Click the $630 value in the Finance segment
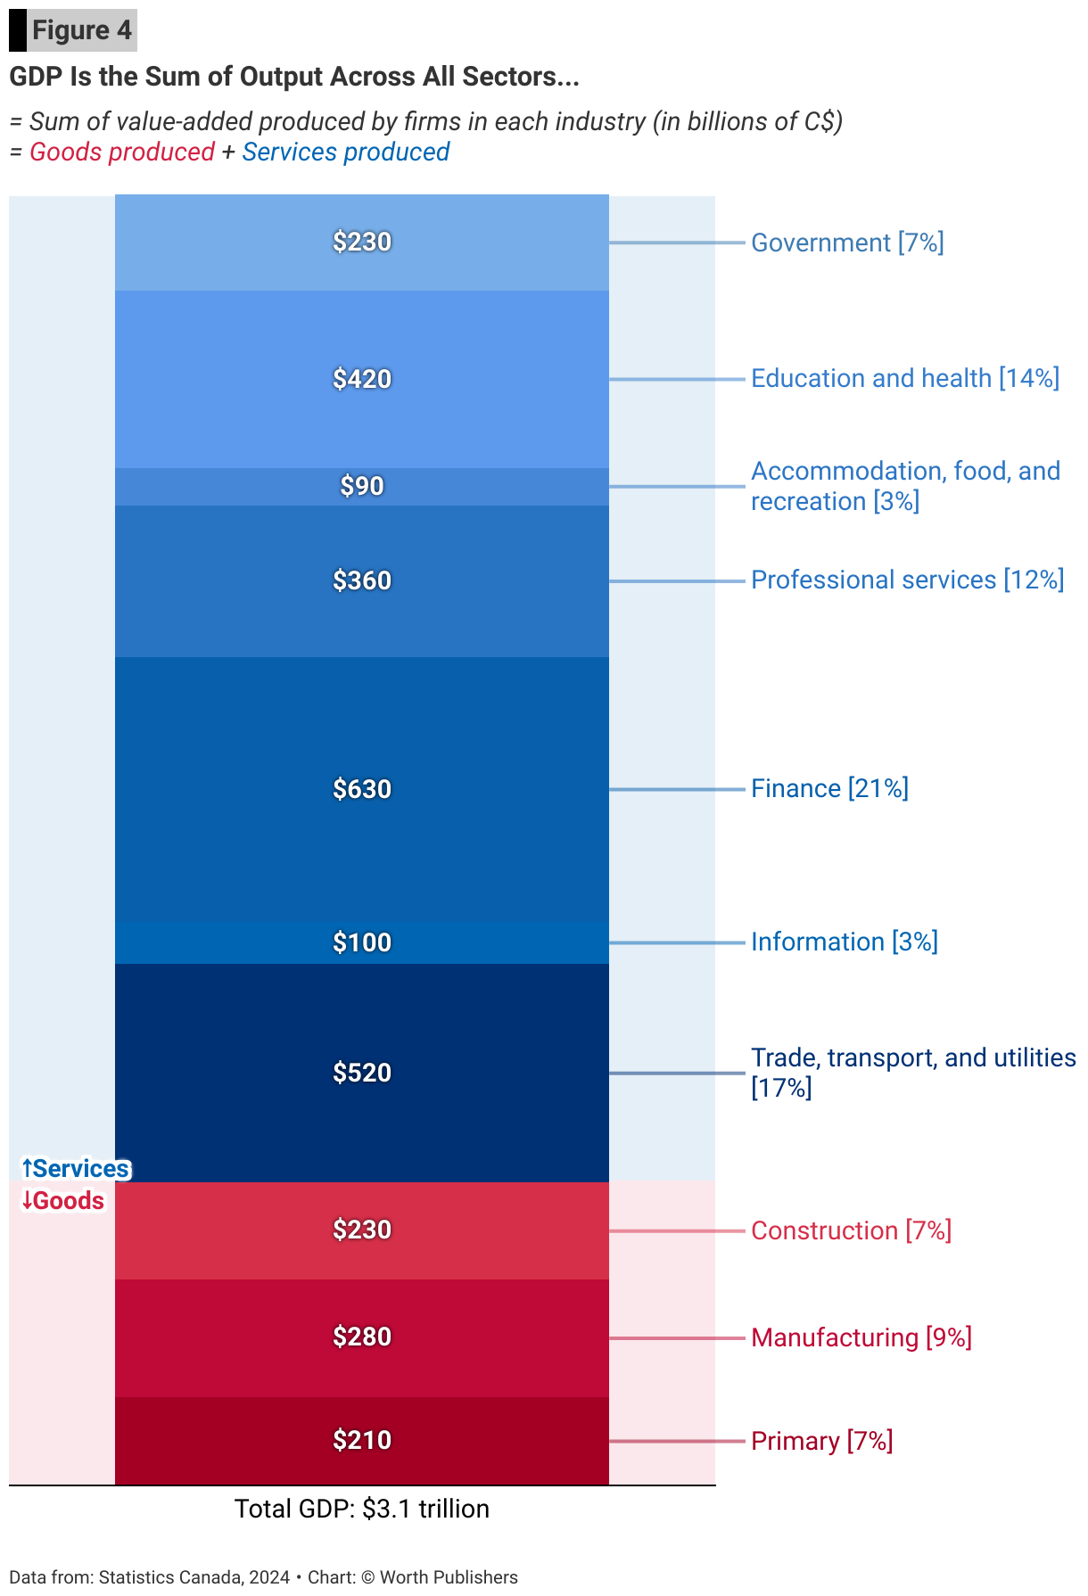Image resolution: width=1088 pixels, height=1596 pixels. click(362, 789)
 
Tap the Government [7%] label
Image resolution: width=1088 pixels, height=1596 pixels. click(847, 243)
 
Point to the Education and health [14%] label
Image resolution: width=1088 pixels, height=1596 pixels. click(904, 378)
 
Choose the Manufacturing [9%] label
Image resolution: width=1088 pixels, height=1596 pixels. click(861, 1337)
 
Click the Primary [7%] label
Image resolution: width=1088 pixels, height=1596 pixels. click(821, 1441)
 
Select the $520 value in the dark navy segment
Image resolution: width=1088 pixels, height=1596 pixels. click(362, 1073)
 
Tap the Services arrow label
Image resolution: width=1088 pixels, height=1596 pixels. click(76, 1169)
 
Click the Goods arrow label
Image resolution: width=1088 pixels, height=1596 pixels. click(63, 1201)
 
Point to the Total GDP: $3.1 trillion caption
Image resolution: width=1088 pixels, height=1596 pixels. click(362, 1509)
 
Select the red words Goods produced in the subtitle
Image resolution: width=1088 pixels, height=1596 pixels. click(122, 152)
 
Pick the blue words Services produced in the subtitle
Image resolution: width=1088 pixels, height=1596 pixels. click(346, 152)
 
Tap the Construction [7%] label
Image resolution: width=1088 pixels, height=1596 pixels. click(851, 1230)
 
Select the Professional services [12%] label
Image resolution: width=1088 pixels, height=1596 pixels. click(907, 580)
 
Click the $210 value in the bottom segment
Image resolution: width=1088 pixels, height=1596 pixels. click(362, 1440)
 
